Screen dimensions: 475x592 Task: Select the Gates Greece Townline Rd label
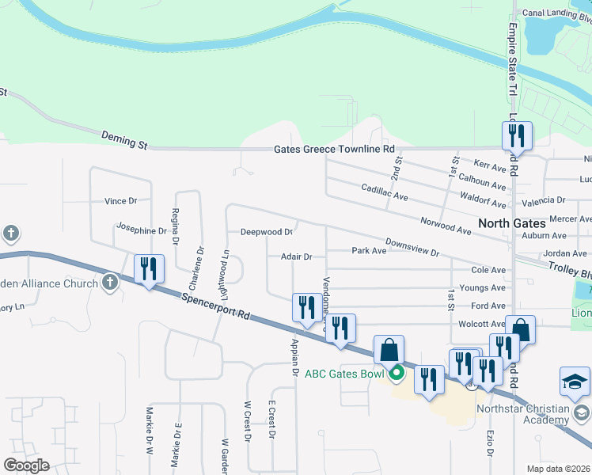pyautogui.click(x=334, y=149)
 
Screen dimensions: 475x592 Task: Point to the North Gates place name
pyautogui.click(x=511, y=223)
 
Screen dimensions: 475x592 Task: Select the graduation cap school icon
pyautogui.click(x=575, y=382)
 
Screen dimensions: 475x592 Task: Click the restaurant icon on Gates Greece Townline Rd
pyautogui.click(x=517, y=136)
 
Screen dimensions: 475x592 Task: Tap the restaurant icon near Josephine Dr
pyautogui.click(x=148, y=269)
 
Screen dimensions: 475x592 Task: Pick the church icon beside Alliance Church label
pyautogui.click(x=109, y=283)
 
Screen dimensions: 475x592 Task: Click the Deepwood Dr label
pyautogui.click(x=268, y=233)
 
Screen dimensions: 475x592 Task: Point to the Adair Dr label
pyautogui.click(x=297, y=256)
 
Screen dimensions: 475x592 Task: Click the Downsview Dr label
pyautogui.click(x=412, y=247)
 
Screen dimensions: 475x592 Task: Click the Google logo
pyautogui.click(x=26, y=465)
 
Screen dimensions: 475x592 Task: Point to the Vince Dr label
pyautogui.click(x=121, y=201)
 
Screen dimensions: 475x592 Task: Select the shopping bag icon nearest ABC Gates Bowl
pyautogui.click(x=389, y=349)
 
